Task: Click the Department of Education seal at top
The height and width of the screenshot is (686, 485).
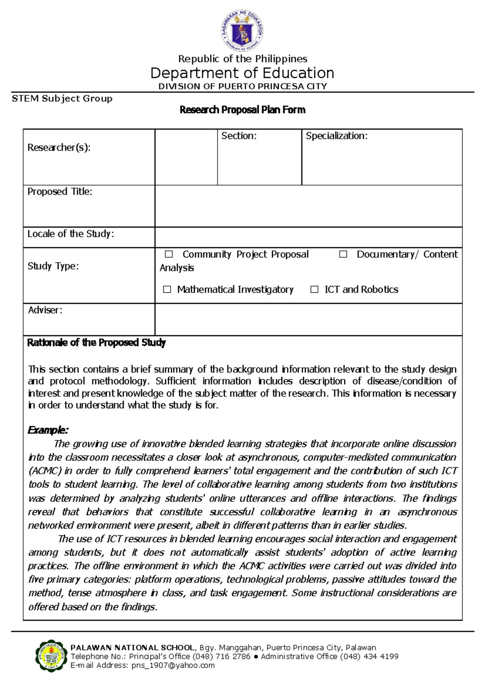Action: point(242,32)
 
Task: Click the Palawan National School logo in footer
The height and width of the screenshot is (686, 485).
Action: point(51,655)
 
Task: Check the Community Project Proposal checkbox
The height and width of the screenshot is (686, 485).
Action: point(169,254)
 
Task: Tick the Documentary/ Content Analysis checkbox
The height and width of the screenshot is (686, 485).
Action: point(343,254)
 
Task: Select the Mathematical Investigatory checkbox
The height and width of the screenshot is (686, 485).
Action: point(167,289)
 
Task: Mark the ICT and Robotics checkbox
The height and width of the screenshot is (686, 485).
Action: point(314,289)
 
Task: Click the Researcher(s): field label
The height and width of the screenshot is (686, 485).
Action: point(59,147)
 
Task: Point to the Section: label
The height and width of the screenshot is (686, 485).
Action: point(238,136)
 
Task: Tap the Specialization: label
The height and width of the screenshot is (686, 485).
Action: point(336,136)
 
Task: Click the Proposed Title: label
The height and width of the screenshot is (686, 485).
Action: point(59,191)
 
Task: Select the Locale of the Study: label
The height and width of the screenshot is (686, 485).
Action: point(70,234)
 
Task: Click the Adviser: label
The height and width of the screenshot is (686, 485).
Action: point(45,310)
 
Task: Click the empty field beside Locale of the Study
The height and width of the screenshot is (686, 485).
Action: point(308,237)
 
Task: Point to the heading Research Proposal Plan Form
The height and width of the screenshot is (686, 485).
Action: point(242,110)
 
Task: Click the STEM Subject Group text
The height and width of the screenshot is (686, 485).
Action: point(62,99)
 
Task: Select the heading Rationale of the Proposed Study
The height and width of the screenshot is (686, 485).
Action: point(96,343)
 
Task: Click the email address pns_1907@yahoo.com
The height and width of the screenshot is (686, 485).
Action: point(173,665)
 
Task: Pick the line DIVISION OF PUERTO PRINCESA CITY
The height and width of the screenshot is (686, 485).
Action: point(242,86)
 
